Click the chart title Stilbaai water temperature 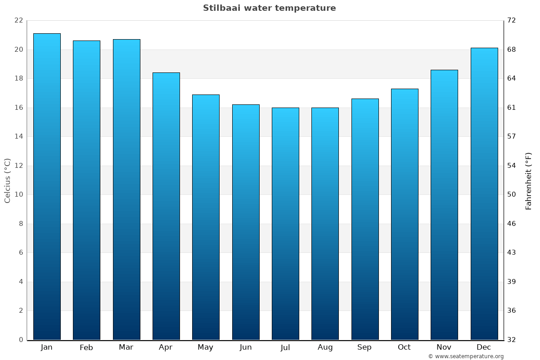269,8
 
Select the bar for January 47,187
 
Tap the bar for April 166,206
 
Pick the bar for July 285,224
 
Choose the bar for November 444,205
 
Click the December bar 484,193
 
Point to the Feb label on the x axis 86,347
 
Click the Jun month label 246,347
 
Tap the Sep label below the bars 364,347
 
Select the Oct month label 404,347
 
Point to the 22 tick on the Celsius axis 18,21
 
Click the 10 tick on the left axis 18,195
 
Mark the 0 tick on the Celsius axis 21,340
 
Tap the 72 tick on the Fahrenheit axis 512,21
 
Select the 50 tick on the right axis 512,195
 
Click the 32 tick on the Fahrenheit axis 512,340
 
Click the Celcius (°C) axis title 8,180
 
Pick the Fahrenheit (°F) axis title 529,180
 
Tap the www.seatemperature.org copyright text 466,356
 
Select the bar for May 206,217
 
